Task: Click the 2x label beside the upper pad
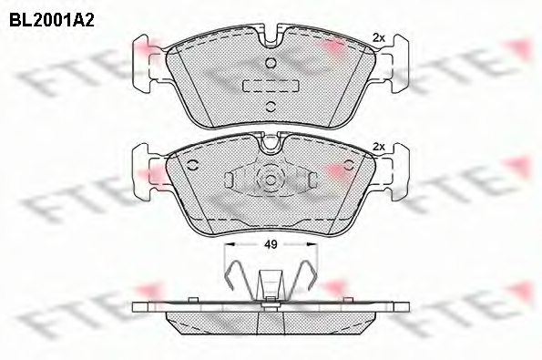coord(379,37)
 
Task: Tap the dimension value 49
coord(270,243)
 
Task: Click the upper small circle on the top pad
coord(270,62)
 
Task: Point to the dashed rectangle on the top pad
coord(270,84)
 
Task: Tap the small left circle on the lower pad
coord(194,165)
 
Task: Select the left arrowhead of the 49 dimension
coord(230,244)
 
